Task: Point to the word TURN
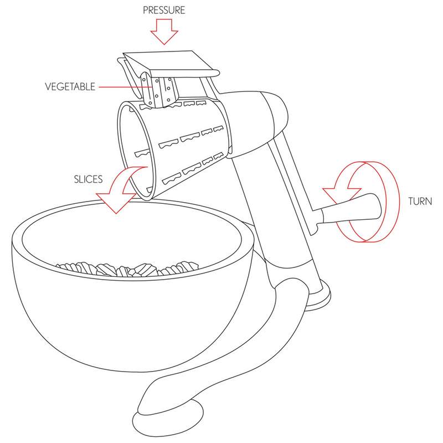pyautogui.click(x=419, y=200)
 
